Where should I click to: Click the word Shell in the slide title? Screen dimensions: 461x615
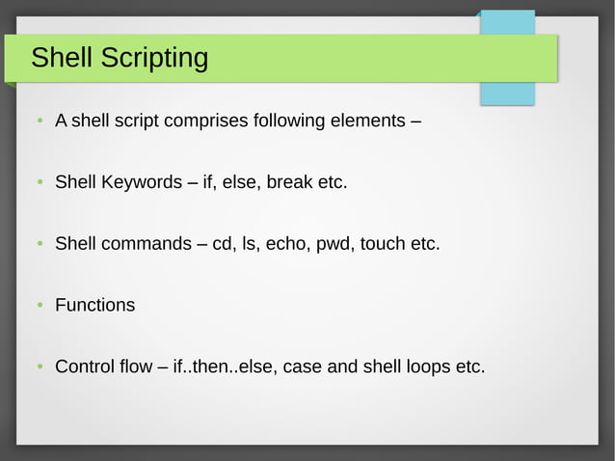(x=62, y=58)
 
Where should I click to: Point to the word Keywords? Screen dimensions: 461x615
(x=144, y=182)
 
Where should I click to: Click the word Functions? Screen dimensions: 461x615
(x=94, y=305)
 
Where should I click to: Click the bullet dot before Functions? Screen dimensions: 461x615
(x=39, y=306)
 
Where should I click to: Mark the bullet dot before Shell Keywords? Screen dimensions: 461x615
(x=39, y=183)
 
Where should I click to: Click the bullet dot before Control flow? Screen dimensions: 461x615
(x=39, y=367)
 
